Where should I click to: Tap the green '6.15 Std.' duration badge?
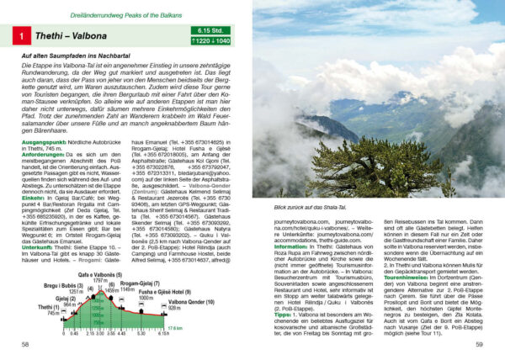(211, 30)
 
